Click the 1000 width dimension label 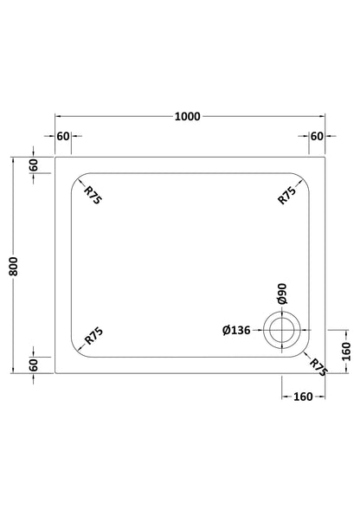tap(187, 116)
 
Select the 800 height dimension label tap(13, 267)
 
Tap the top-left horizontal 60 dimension tap(63, 136)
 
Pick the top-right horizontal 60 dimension tap(317, 136)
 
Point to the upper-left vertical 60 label tap(34, 165)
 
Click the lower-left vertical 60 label tap(34, 365)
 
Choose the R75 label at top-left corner tap(93, 195)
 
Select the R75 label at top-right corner tap(287, 195)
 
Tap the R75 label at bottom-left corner tap(93, 336)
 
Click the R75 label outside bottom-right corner tap(318, 367)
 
